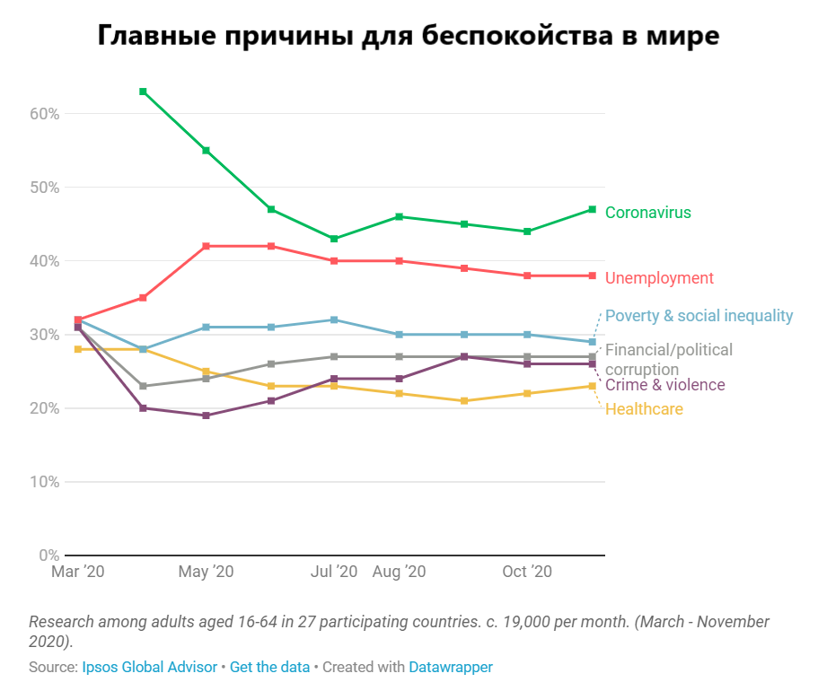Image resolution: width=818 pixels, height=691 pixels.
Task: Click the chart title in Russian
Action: click(x=409, y=36)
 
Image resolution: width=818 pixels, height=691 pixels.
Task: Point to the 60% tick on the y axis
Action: click(x=44, y=114)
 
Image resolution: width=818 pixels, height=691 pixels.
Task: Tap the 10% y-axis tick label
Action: click(x=44, y=482)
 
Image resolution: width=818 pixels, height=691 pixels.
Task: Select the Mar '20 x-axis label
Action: click(x=78, y=572)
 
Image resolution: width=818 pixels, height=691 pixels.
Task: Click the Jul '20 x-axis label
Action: click(x=334, y=572)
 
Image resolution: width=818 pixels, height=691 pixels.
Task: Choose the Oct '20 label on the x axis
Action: click(x=527, y=572)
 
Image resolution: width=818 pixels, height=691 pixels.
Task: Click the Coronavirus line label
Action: click(x=647, y=213)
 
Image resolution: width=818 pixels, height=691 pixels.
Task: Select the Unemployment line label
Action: click(x=659, y=278)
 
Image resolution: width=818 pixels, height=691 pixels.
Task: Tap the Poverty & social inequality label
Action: click(x=699, y=316)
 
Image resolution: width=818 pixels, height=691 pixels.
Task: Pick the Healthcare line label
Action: click(x=644, y=409)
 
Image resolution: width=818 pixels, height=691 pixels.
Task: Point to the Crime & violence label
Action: click(x=664, y=385)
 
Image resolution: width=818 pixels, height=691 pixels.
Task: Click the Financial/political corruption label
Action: click(x=668, y=359)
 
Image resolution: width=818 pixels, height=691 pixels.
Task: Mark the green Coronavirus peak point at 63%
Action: click(x=143, y=92)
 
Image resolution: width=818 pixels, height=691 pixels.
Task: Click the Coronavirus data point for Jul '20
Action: click(x=334, y=239)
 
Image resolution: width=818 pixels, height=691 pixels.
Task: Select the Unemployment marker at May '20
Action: click(x=207, y=246)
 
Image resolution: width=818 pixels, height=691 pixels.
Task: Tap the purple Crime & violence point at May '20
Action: click(x=207, y=415)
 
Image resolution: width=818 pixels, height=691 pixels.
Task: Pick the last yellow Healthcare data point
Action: click(x=592, y=386)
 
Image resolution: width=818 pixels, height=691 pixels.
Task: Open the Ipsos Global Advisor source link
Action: click(x=149, y=667)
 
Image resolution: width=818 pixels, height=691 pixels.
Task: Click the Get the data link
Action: click(x=269, y=667)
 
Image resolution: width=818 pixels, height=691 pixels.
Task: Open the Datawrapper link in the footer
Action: click(x=450, y=667)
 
